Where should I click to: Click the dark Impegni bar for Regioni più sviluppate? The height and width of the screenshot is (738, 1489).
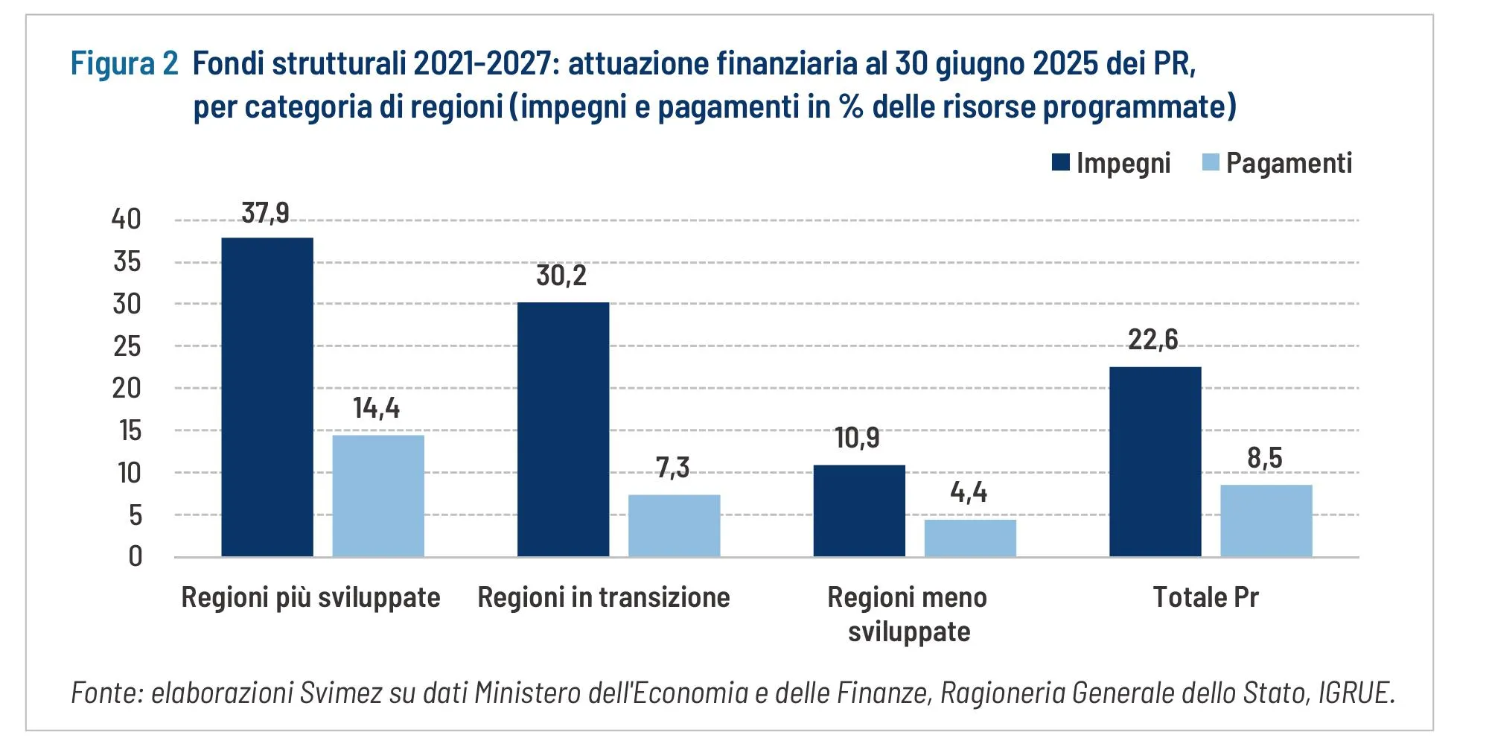pyautogui.click(x=267, y=397)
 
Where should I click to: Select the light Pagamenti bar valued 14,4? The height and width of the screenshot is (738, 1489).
pyautogui.click(x=378, y=496)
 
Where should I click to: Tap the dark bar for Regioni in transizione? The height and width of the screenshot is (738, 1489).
pyautogui.click(x=563, y=430)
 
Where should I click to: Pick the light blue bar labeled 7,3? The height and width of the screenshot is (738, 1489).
pyautogui.click(x=674, y=526)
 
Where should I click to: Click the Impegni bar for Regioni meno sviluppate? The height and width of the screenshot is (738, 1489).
pyautogui.click(x=859, y=511)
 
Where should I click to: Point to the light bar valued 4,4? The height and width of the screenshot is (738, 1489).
pyautogui.click(x=970, y=538)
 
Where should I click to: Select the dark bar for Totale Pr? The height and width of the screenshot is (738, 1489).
pyautogui.click(x=1155, y=462)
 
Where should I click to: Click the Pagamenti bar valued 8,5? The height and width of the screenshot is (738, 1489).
pyautogui.click(x=1266, y=521)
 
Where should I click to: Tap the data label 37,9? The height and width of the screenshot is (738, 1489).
pyautogui.click(x=266, y=213)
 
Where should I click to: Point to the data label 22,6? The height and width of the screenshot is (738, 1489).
pyautogui.click(x=1152, y=340)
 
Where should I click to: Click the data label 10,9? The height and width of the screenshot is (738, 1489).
pyautogui.click(x=857, y=438)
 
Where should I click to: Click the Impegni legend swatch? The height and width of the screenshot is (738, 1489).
pyautogui.click(x=1060, y=162)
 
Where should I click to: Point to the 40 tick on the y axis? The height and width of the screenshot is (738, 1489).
pyautogui.click(x=126, y=219)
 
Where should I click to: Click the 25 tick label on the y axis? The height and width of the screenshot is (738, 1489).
pyautogui.click(x=127, y=346)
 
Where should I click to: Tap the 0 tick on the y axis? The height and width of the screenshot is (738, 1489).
pyautogui.click(x=135, y=556)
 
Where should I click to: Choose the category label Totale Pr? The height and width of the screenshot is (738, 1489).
pyautogui.click(x=1205, y=597)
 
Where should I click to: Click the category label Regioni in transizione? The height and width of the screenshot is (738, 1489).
pyautogui.click(x=603, y=597)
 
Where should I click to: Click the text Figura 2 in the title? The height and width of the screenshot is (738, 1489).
pyautogui.click(x=124, y=63)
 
